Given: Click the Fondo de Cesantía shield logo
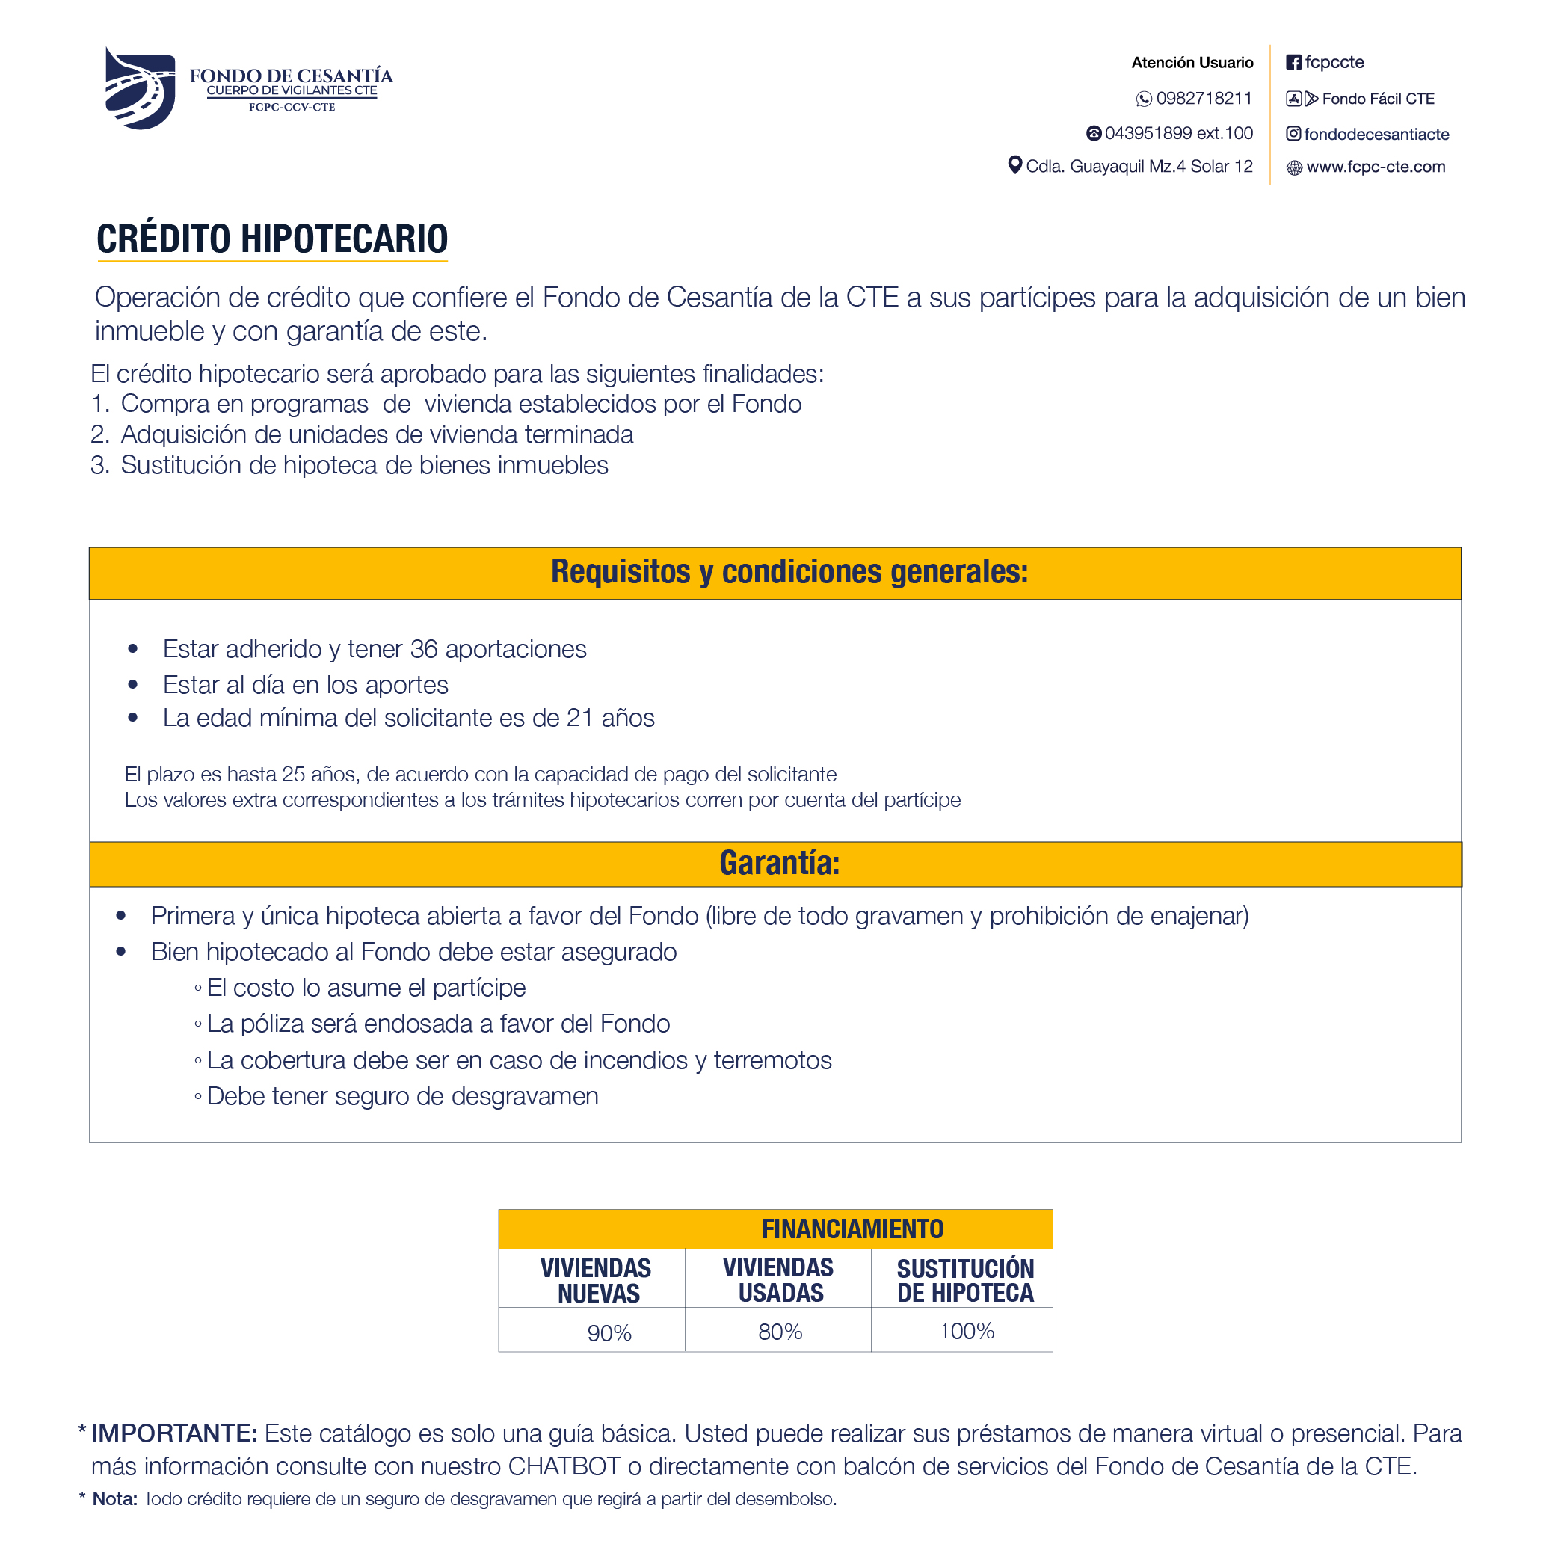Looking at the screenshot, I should point(139,87).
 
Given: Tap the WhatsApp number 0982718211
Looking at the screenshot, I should point(1203,98).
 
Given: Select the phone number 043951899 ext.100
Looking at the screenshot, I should point(1178,133).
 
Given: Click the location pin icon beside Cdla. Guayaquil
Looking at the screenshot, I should point(1014,165).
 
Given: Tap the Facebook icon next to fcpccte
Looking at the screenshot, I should point(1293,63).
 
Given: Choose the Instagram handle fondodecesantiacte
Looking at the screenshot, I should point(1376,135).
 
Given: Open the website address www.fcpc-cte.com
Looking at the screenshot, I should point(1376,167).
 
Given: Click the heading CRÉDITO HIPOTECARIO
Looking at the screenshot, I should point(272,239).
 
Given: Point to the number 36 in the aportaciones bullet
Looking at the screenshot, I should point(424,649).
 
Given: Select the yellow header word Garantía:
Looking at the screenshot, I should point(779,864).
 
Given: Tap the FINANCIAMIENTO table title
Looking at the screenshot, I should point(852,1229).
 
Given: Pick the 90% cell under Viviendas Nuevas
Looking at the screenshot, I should point(609,1333).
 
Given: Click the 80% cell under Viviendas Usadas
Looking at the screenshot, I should point(780,1332).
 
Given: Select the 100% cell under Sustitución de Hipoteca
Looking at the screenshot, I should point(967,1331).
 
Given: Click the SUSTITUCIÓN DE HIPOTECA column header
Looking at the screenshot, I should point(964,1281).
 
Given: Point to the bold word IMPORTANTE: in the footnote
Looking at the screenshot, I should point(174,1433).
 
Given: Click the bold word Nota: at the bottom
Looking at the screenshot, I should point(114,1499).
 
